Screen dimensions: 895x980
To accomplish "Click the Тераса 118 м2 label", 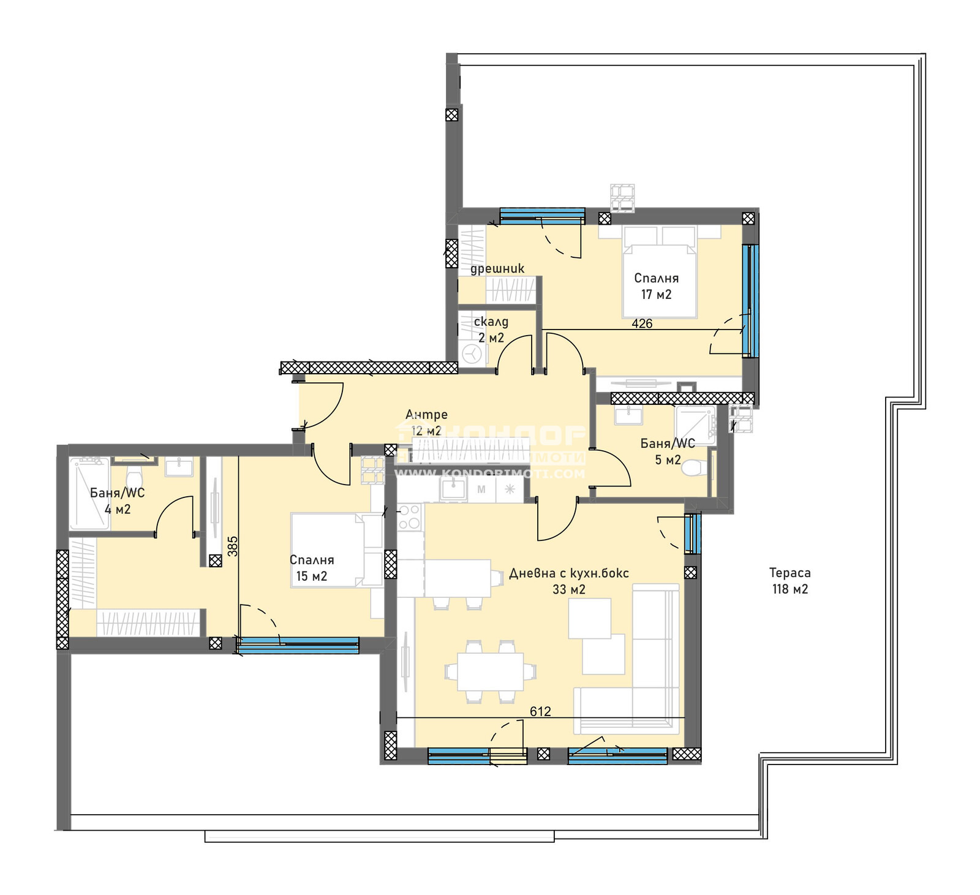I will [x=790, y=581].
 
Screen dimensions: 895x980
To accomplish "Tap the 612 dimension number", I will [x=540, y=711].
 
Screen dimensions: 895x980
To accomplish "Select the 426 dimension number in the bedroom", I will [x=642, y=323].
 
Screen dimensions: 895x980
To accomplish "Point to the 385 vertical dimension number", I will [x=232, y=546].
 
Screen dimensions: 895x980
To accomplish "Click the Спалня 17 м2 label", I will [x=656, y=286].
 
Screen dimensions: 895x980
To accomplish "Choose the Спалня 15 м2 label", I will [x=312, y=568].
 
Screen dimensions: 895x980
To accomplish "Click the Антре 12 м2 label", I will [x=426, y=423].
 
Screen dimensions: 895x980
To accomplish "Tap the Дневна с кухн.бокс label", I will [x=569, y=574].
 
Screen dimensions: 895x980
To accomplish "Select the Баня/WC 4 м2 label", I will [x=117, y=501].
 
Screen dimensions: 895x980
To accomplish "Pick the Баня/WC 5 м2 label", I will [x=668, y=451].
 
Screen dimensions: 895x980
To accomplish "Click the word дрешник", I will [x=497, y=268].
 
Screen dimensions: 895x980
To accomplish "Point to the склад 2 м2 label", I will [x=491, y=330].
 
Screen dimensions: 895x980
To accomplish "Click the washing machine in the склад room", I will [x=472, y=353].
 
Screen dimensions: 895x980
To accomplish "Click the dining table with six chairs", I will [x=490, y=671].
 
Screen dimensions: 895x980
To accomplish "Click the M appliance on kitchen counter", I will [x=481, y=489].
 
